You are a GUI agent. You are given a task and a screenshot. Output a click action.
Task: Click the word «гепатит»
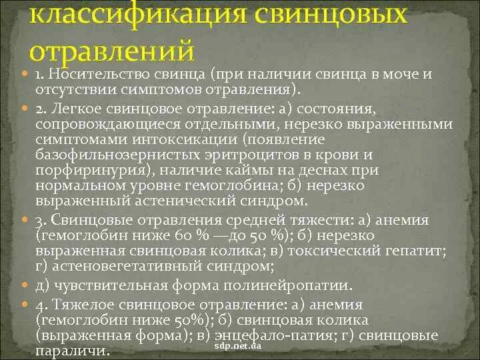pyautogui.click(x=421, y=251)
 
